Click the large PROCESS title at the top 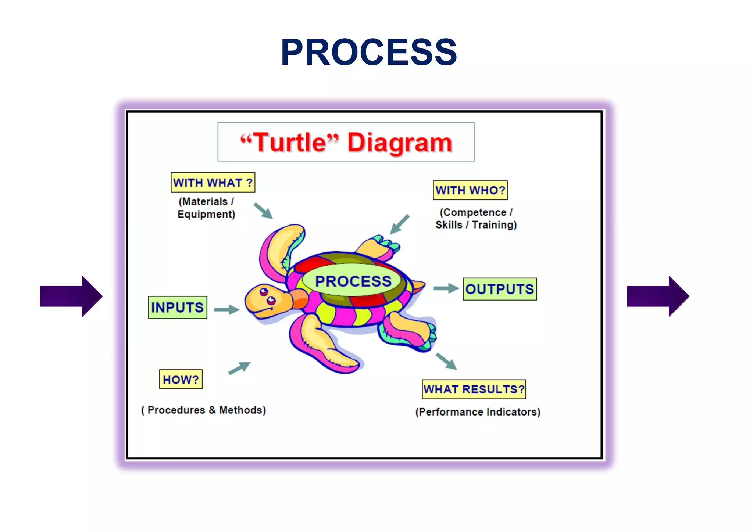point(369,53)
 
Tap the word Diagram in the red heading point(400,143)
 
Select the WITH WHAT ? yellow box point(213,183)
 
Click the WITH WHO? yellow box point(470,190)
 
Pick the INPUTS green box point(178,308)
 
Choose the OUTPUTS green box point(500,289)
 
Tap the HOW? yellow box point(181,379)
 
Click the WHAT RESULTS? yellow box point(474,389)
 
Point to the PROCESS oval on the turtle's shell point(353,281)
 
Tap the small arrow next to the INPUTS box point(226,309)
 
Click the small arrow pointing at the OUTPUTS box point(446,288)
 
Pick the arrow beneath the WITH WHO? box point(399,224)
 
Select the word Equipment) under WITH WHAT point(206,214)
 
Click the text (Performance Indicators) point(478,412)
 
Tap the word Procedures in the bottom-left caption point(176,410)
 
